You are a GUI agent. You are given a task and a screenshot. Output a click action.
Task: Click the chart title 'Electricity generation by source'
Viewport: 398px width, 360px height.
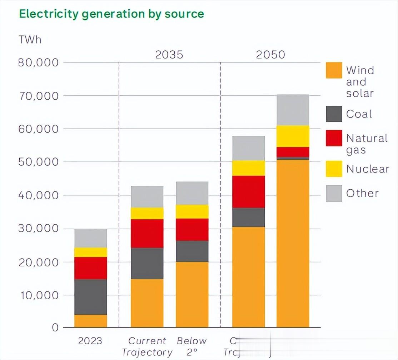[x=111, y=14]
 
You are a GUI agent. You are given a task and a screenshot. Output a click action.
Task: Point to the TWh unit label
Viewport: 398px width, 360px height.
[x=30, y=39]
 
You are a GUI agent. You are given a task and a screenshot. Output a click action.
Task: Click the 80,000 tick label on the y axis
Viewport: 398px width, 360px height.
[x=38, y=62]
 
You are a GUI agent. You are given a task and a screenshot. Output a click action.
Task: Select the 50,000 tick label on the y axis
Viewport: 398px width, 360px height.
[x=38, y=162]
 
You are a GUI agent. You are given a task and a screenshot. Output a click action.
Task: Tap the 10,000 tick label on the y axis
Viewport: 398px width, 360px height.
[x=38, y=295]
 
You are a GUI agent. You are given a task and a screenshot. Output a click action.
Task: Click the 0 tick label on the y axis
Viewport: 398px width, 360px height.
[x=55, y=327]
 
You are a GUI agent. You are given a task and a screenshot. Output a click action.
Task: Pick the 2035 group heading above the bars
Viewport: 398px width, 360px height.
[x=169, y=55]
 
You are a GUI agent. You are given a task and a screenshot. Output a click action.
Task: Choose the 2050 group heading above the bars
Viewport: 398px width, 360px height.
[x=270, y=55]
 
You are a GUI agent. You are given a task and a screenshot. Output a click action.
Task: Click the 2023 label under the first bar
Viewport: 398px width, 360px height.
[x=90, y=341]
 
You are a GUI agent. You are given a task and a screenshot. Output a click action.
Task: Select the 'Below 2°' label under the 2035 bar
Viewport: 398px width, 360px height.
[x=192, y=346]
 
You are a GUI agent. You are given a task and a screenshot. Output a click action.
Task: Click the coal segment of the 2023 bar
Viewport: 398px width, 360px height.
[x=90, y=297]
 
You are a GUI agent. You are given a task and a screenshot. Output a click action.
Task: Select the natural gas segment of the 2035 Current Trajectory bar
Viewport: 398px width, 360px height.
[x=147, y=234]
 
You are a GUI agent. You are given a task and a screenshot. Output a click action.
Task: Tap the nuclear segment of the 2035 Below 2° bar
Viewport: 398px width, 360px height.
[x=192, y=212]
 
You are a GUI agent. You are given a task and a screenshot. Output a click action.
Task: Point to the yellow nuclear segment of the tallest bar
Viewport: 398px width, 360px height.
[x=293, y=136]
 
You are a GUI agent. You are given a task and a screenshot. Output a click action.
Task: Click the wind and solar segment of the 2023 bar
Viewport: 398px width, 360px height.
[x=90, y=321]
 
